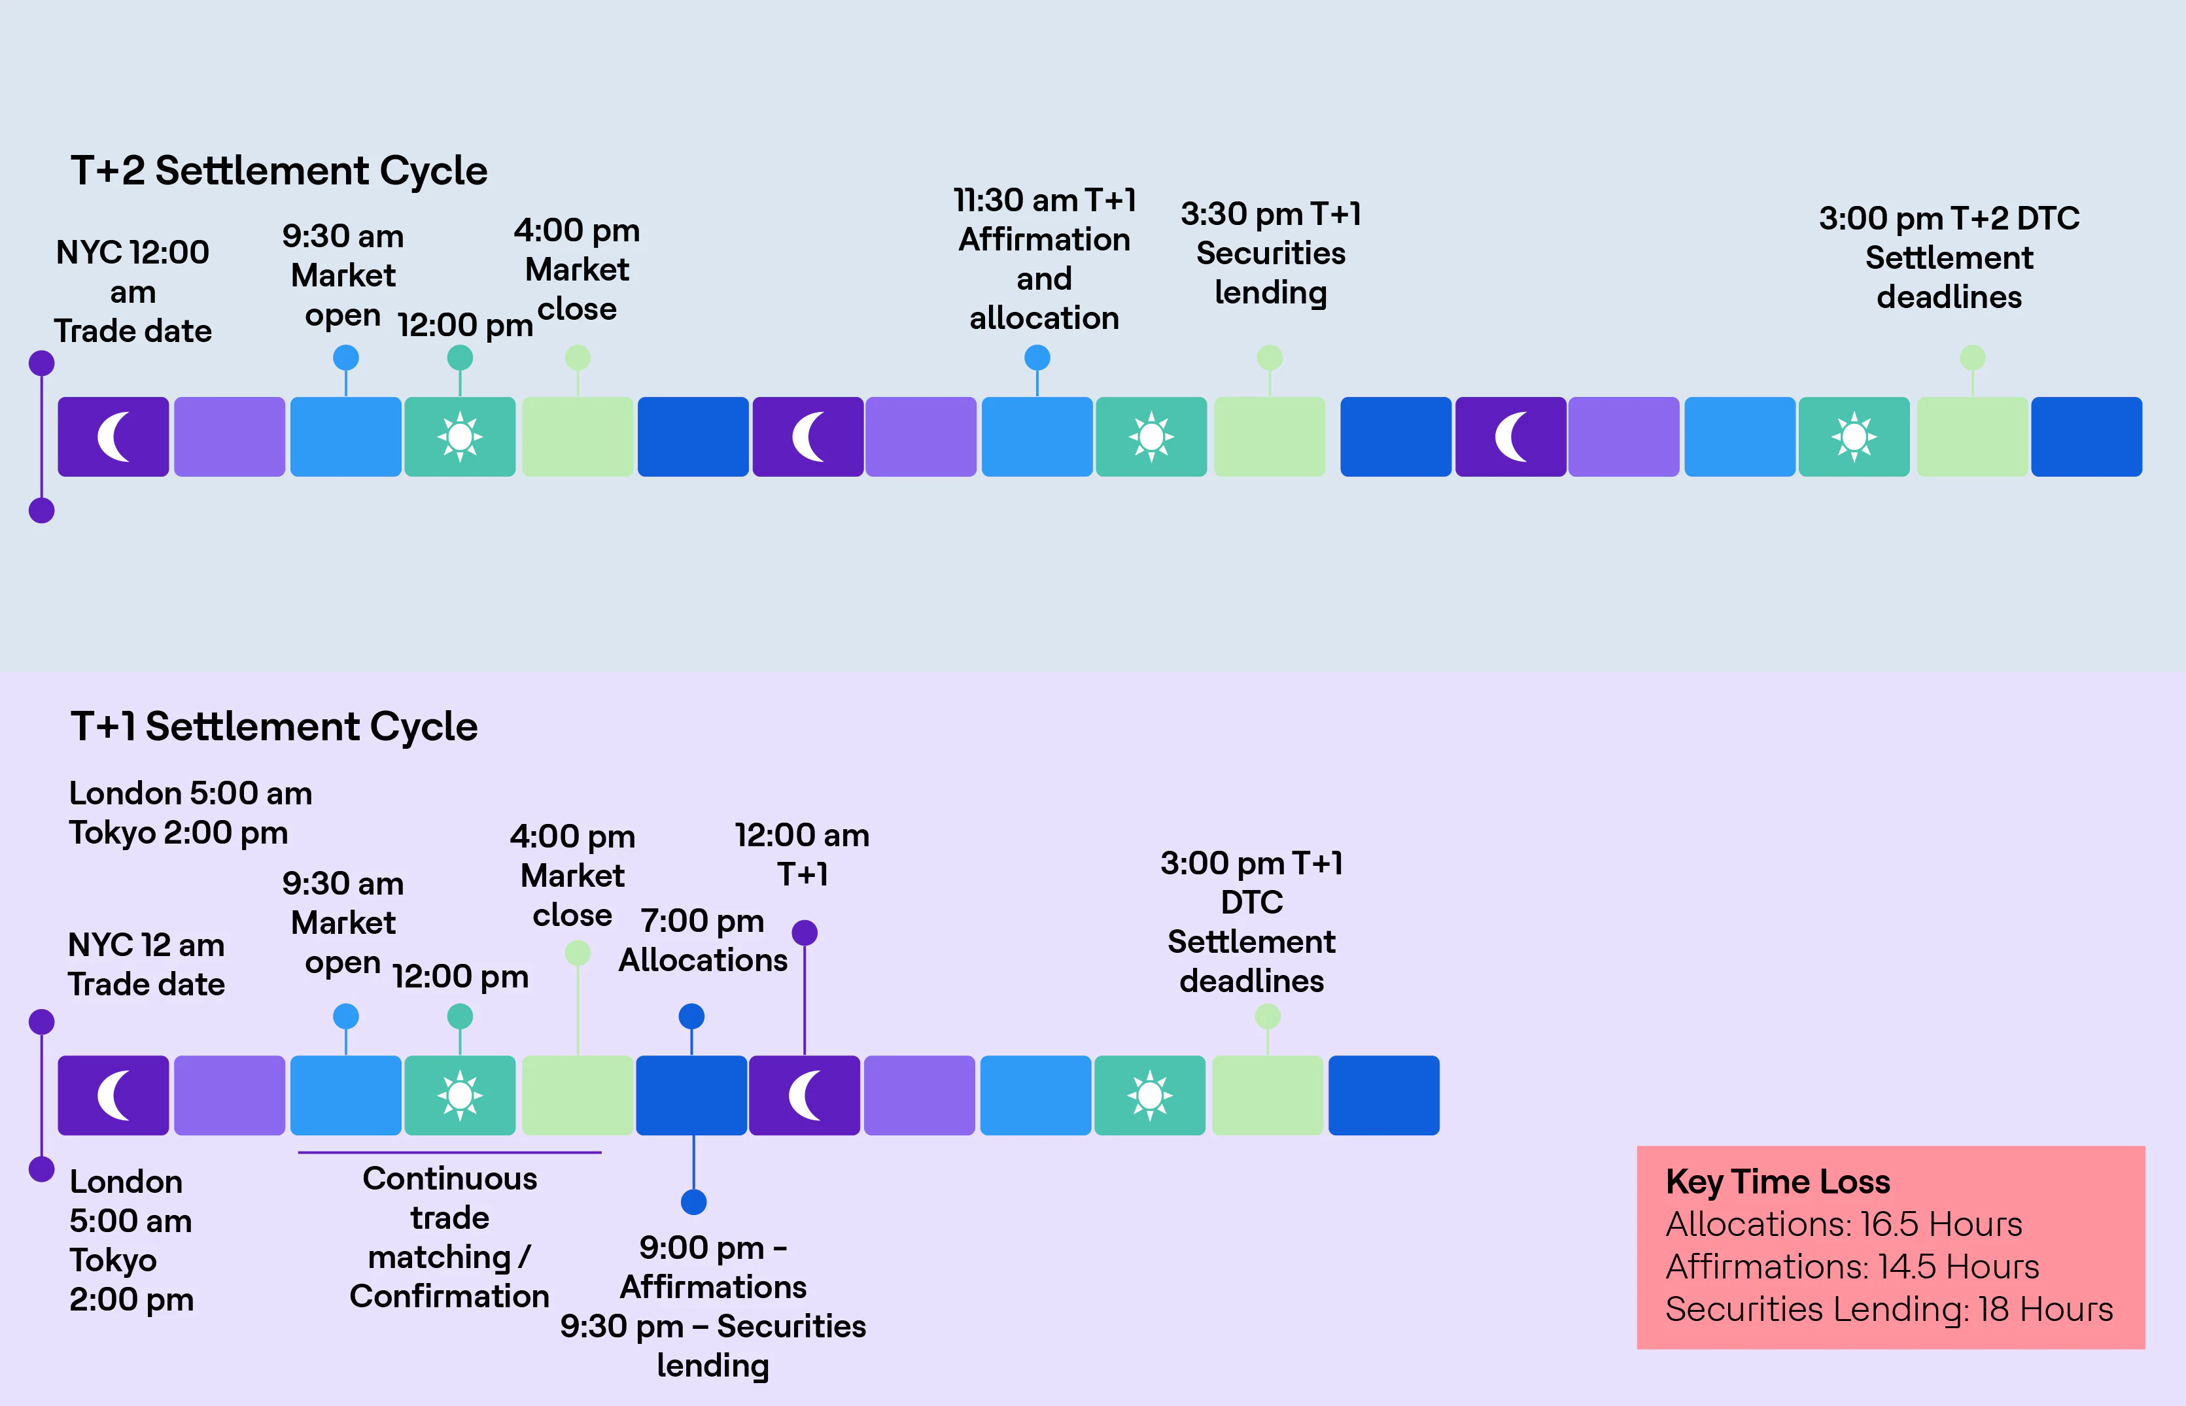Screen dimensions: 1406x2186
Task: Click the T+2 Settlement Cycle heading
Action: point(279,171)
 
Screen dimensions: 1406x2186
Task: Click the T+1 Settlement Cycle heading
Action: point(274,727)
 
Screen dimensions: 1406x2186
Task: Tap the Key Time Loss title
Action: point(1777,1182)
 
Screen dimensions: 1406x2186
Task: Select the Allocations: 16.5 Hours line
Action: point(1844,1224)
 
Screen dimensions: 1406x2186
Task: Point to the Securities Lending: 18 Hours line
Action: point(1888,1309)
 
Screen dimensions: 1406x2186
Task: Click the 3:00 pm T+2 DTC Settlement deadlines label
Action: point(1949,258)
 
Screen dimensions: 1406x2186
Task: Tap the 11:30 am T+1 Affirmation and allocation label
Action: point(1044,259)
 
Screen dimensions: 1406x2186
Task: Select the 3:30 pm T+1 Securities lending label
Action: point(1270,253)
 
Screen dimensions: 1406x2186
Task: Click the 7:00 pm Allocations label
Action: point(703,940)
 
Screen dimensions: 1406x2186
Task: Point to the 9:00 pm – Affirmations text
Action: point(713,1267)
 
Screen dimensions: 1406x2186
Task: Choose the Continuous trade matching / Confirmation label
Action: point(449,1237)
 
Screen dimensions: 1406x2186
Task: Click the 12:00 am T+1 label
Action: point(802,855)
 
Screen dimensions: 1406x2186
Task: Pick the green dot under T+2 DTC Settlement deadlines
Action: point(1972,358)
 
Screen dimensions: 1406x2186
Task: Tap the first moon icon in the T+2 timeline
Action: point(113,436)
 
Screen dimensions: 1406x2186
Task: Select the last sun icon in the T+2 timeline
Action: point(1854,436)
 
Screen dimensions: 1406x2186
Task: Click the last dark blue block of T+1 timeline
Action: point(1383,1095)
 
